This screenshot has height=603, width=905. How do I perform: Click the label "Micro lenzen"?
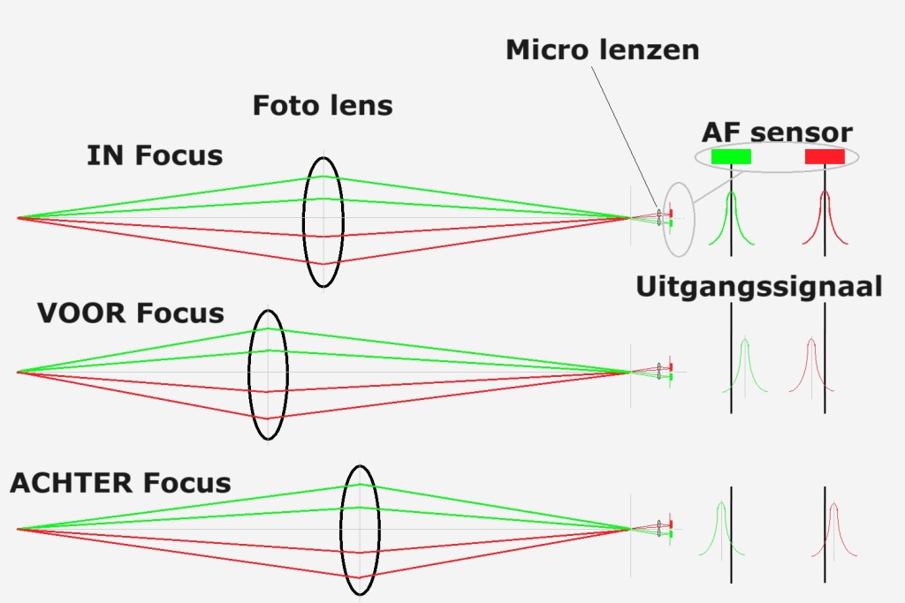[602, 49]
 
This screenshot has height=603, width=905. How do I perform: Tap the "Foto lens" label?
[323, 105]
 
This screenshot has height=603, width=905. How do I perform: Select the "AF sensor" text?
[777, 132]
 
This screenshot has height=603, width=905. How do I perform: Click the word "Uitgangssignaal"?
[758, 287]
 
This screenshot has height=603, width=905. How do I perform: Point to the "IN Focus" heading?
[155, 156]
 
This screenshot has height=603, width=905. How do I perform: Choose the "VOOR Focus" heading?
[131, 313]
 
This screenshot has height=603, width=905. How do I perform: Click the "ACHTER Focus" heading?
[120, 483]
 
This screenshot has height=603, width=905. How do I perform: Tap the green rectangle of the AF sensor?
[731, 156]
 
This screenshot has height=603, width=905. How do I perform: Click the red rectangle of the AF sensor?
[825, 156]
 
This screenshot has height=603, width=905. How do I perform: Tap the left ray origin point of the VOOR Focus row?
[18, 372]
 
